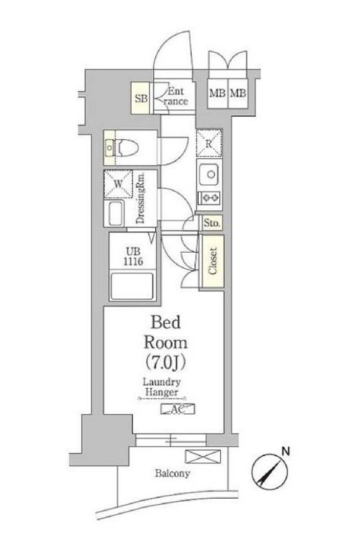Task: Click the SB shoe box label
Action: [141, 98]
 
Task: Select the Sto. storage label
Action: [211, 224]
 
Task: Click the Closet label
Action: [212, 262]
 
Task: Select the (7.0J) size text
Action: [163, 359]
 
